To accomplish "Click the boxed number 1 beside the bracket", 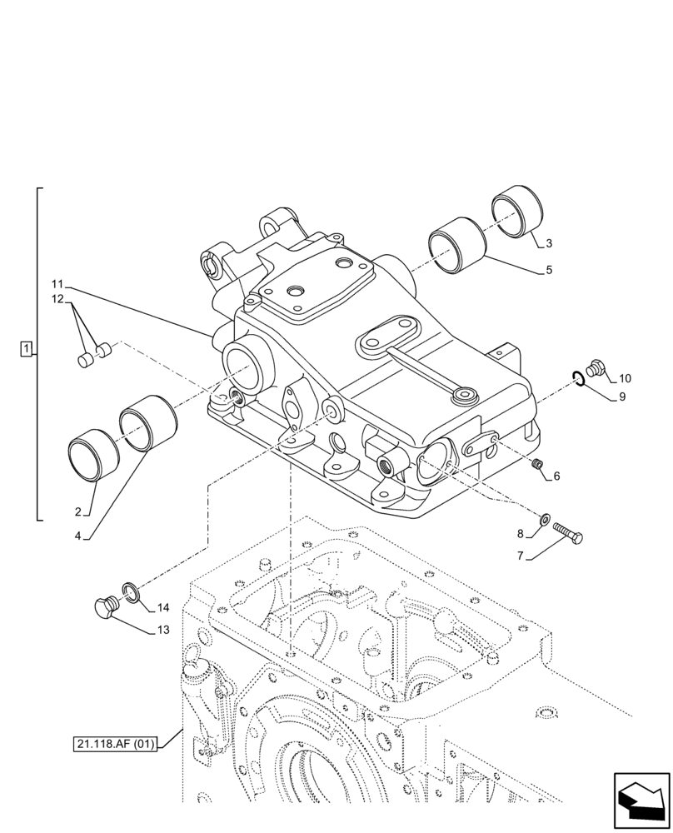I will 27,348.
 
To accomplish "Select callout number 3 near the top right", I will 549,243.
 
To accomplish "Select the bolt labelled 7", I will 567,534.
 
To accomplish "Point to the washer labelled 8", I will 544,521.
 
